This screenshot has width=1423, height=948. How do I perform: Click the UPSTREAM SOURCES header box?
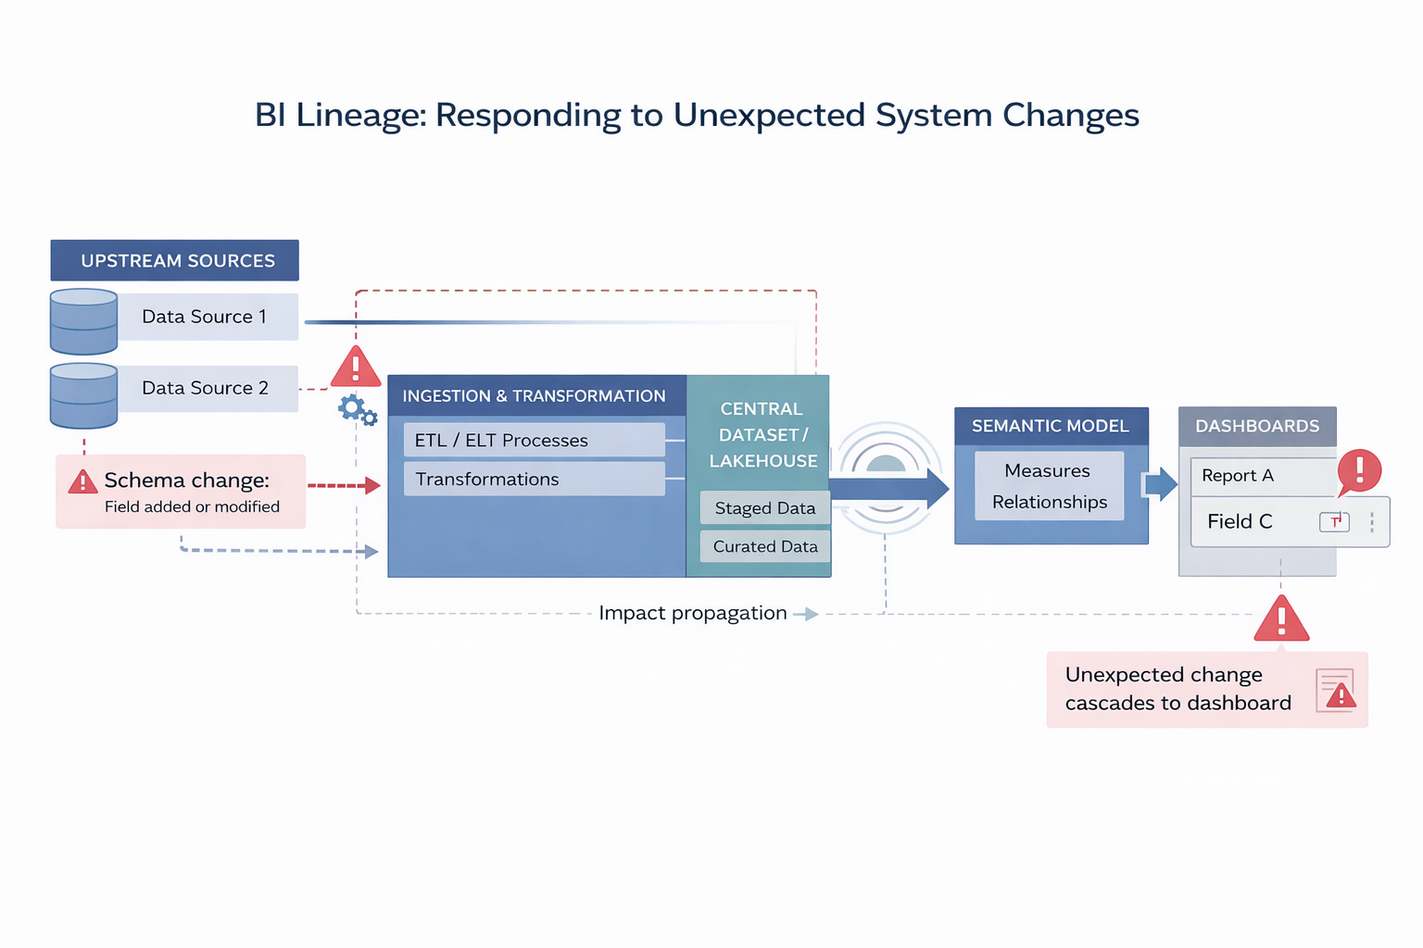point(174,260)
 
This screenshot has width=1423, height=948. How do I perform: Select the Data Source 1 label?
point(205,317)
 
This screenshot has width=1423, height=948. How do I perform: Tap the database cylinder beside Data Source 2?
point(83,395)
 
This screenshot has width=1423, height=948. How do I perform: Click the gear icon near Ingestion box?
point(354,407)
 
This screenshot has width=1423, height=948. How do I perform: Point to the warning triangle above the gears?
point(355,368)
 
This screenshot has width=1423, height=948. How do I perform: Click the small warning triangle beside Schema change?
point(82,481)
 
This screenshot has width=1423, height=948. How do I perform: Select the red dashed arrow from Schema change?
point(343,485)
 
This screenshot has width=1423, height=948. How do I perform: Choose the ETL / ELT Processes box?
point(534,440)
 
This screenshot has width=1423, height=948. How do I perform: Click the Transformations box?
point(534,479)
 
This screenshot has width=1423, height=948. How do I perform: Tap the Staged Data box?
point(764,507)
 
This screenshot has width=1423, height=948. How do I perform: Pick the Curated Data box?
point(764,546)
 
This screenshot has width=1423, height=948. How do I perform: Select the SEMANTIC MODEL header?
point(1051,426)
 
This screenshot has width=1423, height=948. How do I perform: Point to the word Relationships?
point(1050,502)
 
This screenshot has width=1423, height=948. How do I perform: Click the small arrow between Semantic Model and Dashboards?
point(1161,483)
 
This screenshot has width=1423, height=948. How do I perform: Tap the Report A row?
point(1260,476)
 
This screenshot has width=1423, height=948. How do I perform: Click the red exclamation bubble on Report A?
point(1359,470)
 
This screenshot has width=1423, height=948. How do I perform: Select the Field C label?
point(1240,521)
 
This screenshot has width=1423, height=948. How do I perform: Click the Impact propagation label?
point(692,613)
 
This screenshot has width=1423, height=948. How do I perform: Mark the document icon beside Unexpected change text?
point(1335,690)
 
